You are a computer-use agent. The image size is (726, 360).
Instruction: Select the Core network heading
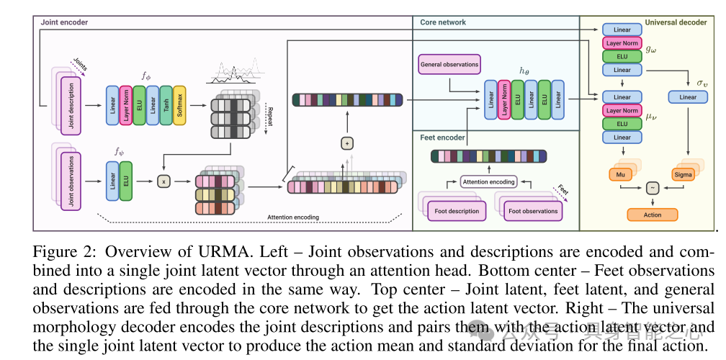pyautogui.click(x=443, y=22)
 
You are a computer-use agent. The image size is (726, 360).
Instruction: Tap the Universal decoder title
pyautogui.click(x=676, y=22)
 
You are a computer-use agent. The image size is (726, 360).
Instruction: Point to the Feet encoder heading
pyautogui.click(x=442, y=137)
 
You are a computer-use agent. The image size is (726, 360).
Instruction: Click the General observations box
pyautogui.click(x=449, y=65)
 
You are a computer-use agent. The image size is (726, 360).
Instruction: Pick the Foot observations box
pyautogui.click(x=533, y=211)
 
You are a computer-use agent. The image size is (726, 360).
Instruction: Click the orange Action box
pyautogui.click(x=653, y=215)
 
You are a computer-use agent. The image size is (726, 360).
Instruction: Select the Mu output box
pyautogui.click(x=619, y=175)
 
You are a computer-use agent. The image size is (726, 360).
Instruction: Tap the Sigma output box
pyautogui.click(x=682, y=175)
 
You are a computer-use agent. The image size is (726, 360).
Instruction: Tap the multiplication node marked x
pyautogui.click(x=164, y=182)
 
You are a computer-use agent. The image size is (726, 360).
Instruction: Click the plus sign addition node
pyautogui.click(x=348, y=144)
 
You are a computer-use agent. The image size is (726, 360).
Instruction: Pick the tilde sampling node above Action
pyautogui.click(x=653, y=187)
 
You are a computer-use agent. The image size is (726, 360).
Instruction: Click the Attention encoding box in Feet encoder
pyautogui.click(x=488, y=182)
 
